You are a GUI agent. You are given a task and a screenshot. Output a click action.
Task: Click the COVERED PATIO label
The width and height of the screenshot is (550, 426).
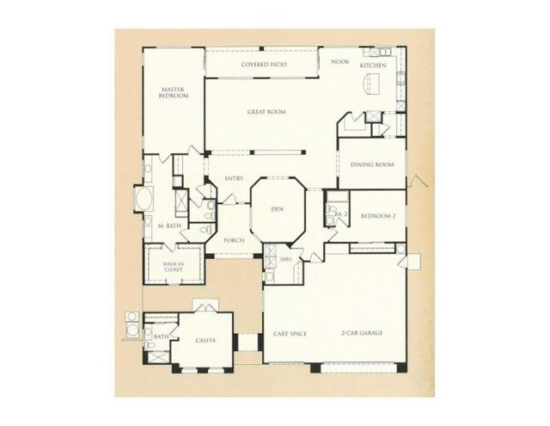pyautogui.click(x=263, y=65)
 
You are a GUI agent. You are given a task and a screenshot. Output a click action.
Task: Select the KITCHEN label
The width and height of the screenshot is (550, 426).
pyautogui.click(x=373, y=65)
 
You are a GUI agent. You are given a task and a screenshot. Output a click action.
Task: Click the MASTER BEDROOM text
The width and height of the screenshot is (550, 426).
pyautogui.click(x=173, y=93)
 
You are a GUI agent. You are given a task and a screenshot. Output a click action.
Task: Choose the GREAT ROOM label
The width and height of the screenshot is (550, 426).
pyautogui.click(x=266, y=112)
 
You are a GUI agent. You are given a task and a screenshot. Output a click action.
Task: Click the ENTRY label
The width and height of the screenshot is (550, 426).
pyautogui.click(x=233, y=179)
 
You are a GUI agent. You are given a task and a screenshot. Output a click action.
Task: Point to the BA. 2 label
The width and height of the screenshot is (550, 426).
pyautogui.click(x=339, y=213)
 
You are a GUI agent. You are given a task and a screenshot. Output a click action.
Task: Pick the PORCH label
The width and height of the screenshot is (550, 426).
pyautogui.click(x=234, y=241)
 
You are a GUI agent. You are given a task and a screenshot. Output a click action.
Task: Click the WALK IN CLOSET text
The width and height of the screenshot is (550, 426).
pyautogui.click(x=174, y=266)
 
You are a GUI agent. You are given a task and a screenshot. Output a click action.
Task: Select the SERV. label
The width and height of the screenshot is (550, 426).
pyautogui.click(x=284, y=259)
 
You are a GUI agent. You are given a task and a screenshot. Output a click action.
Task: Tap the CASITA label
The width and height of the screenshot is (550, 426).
pyautogui.click(x=205, y=341)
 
